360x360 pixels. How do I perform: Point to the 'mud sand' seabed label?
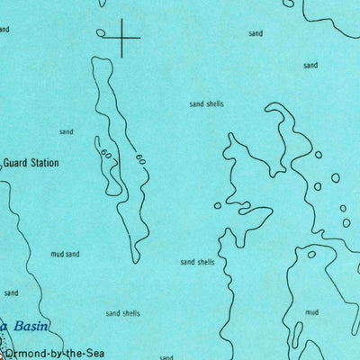[65, 255]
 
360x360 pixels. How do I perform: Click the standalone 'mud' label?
[311, 312]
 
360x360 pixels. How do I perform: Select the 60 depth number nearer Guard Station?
[107, 155]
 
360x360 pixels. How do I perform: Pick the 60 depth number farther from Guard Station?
[140, 160]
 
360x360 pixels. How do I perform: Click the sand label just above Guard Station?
[66, 132]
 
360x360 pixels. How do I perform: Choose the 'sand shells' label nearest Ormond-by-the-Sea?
[123, 313]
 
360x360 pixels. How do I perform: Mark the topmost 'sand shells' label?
[207, 104]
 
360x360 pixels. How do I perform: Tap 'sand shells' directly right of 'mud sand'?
[197, 262]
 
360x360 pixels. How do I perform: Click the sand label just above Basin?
[11, 292]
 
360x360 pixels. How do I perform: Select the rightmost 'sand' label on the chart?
[310, 65]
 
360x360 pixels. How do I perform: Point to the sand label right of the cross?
[256, 33]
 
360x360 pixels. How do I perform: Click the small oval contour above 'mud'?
[311, 255]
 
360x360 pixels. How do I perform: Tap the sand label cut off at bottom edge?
[166, 356]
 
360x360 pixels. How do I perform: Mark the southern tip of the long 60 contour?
[135, 262]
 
